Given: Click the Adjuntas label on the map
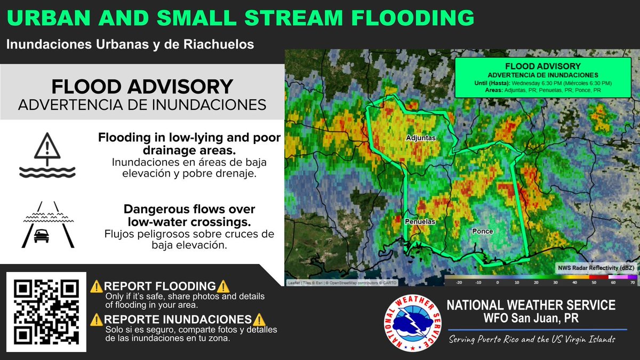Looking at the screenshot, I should click(x=421, y=138).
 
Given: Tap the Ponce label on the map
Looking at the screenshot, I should click(x=482, y=231).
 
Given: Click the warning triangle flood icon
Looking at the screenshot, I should click(x=47, y=155).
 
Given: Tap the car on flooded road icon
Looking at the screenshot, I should click(x=47, y=225).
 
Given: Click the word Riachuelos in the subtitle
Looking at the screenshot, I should click(x=217, y=44).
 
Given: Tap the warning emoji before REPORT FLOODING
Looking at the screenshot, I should click(x=97, y=286).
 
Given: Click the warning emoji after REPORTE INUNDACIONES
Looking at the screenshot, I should click(x=259, y=319).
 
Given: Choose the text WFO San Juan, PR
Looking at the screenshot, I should click(x=531, y=318).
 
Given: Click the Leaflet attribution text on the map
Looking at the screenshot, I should click(x=336, y=283).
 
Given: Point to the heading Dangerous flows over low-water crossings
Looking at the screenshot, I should click(x=189, y=215).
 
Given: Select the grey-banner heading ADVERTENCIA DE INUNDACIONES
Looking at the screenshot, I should click(x=142, y=105).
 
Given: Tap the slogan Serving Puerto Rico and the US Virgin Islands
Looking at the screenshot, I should click(x=532, y=340).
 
